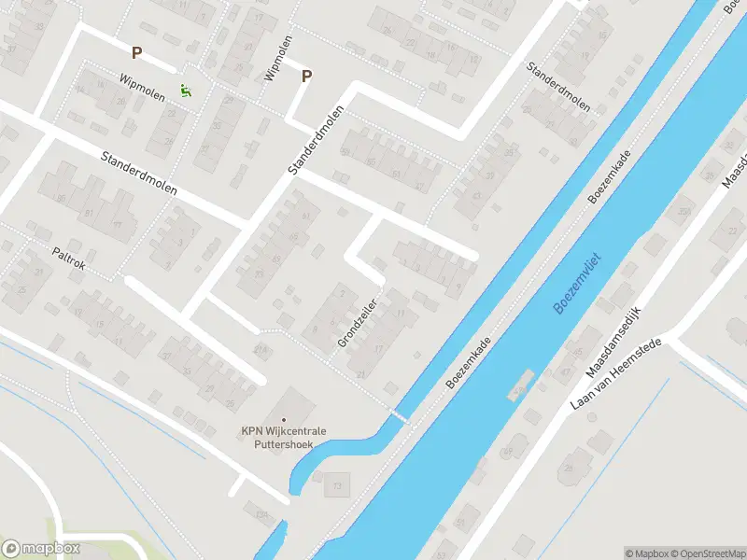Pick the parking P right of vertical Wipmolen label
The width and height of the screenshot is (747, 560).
click(x=306, y=77)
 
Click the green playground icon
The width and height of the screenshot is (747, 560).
click(x=186, y=91)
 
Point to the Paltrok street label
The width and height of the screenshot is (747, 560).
click(x=68, y=259)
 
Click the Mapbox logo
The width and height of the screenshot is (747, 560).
click(x=40, y=549)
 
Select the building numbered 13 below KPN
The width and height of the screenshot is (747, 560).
click(x=336, y=485)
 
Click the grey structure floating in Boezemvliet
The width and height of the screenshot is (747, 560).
click(x=520, y=385)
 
